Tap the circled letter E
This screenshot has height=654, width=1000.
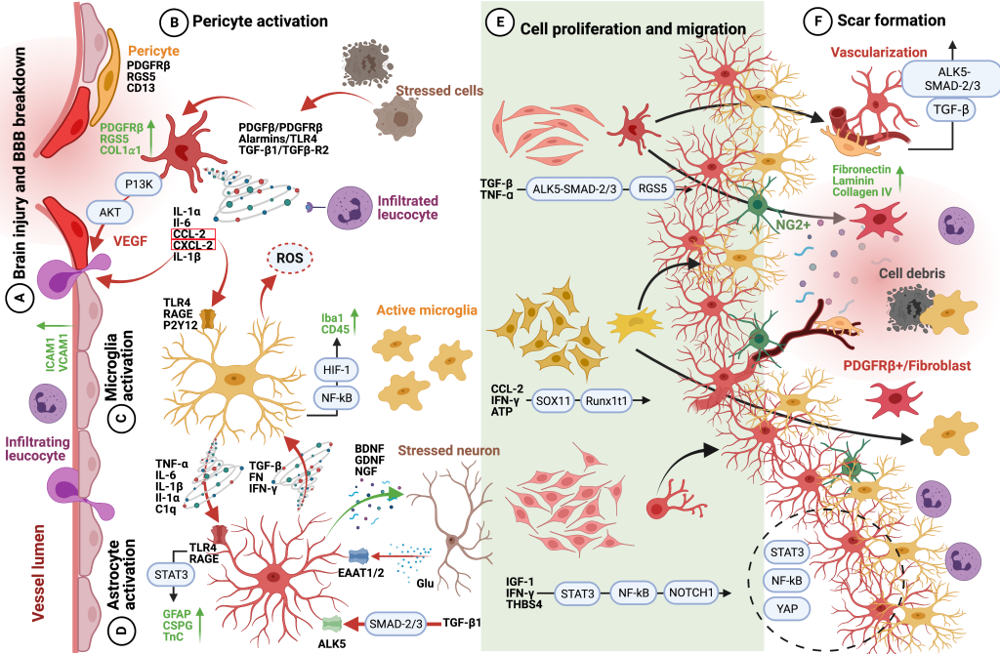(499, 27)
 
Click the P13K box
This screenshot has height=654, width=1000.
(137, 184)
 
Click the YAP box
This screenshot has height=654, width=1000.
(786, 608)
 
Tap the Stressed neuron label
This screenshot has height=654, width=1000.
(448, 451)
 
